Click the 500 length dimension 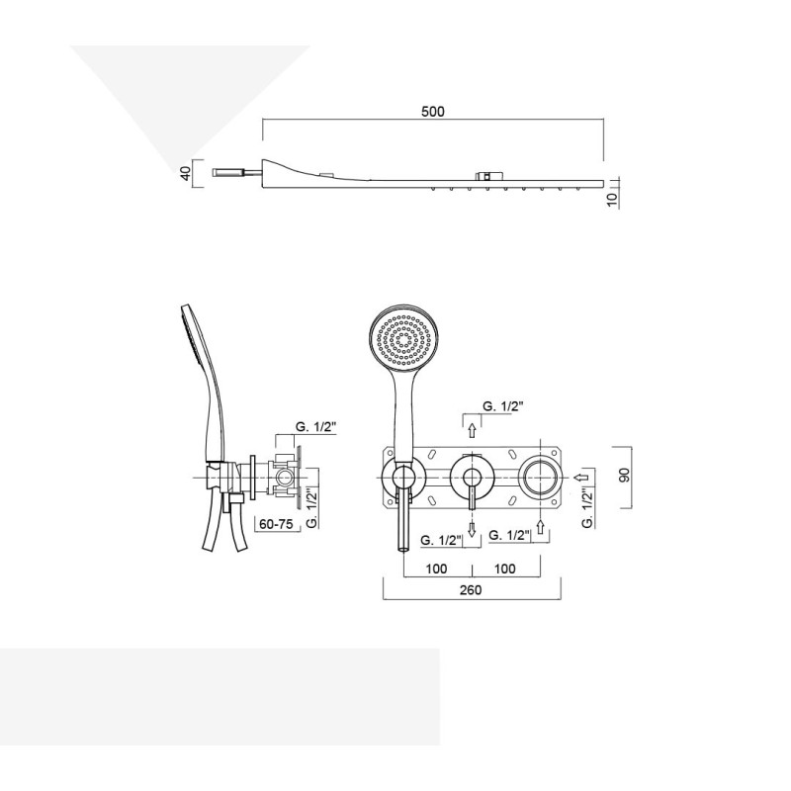(x=433, y=111)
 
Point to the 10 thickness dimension (x=613, y=197)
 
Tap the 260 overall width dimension (x=471, y=590)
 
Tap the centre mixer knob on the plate (x=472, y=477)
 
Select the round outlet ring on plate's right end (x=541, y=477)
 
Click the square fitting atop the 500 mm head (x=484, y=176)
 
